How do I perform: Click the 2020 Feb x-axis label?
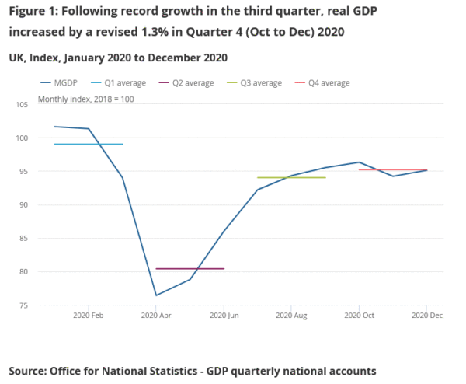click(x=89, y=316)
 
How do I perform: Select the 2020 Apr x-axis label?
click(x=156, y=316)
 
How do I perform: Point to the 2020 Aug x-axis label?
click(x=290, y=316)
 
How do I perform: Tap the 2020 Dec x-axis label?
click(x=426, y=316)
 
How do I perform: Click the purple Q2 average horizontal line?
click(x=190, y=269)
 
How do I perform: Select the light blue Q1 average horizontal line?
click(x=89, y=145)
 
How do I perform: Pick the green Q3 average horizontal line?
click(x=290, y=178)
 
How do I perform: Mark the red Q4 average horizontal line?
click(x=392, y=169)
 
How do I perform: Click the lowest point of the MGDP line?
click(x=156, y=295)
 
